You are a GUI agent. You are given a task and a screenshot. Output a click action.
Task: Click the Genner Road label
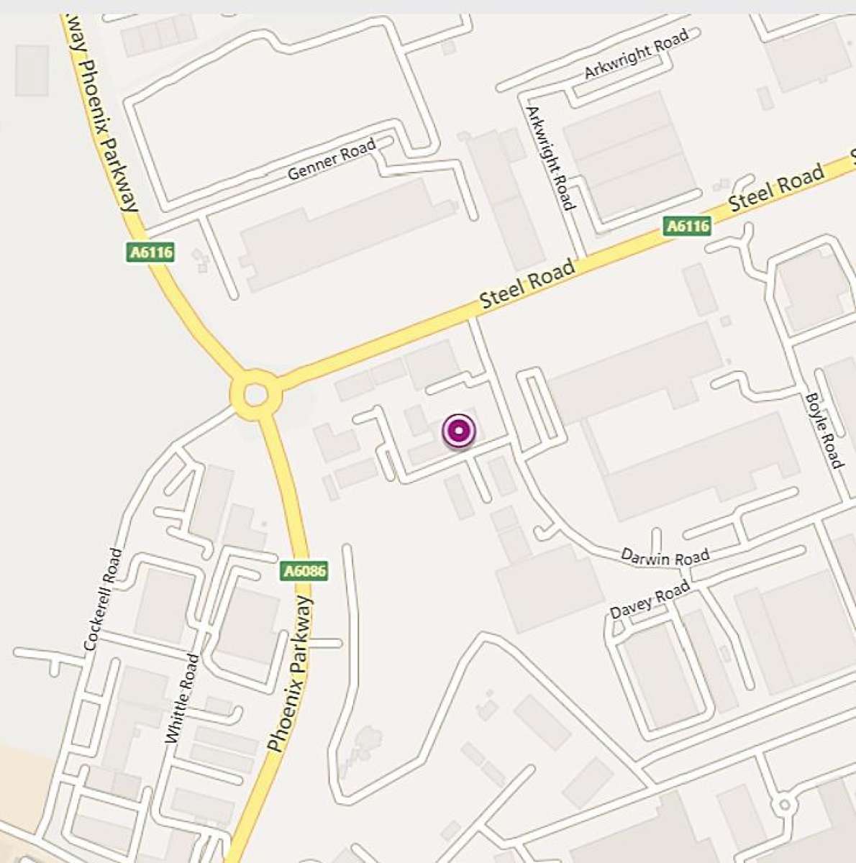pyautogui.click(x=332, y=160)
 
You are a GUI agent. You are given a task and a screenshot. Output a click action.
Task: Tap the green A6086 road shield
pyautogui.click(x=304, y=572)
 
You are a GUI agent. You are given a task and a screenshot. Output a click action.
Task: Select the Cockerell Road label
pyautogui.click(x=104, y=600)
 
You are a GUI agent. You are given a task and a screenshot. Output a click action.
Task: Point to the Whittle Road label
pyautogui.click(x=181, y=698)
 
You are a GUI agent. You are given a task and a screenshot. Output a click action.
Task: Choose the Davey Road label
pyautogui.click(x=650, y=601)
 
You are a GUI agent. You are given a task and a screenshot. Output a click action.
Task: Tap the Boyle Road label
pyautogui.click(x=824, y=431)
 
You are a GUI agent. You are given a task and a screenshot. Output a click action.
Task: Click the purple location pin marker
pyautogui.click(x=458, y=432)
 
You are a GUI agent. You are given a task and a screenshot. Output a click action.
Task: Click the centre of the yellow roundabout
pyautogui.click(x=255, y=395)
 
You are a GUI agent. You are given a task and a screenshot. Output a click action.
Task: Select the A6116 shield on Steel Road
pyautogui.click(x=687, y=227)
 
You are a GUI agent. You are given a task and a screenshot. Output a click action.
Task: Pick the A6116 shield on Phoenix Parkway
pyautogui.click(x=151, y=252)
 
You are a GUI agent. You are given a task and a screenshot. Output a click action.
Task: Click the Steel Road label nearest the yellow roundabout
pyautogui.click(x=528, y=284)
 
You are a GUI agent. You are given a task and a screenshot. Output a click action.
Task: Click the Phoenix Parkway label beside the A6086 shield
pyautogui.click(x=291, y=673)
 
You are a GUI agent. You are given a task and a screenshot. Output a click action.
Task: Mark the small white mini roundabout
pyautogui.click(x=785, y=805)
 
